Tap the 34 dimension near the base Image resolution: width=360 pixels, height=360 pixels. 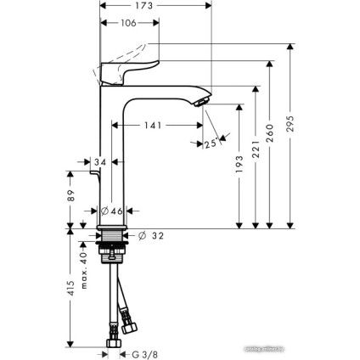point(100,161)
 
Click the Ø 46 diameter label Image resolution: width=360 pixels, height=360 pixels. point(111,211)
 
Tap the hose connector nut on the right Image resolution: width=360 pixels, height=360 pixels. point(130,325)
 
